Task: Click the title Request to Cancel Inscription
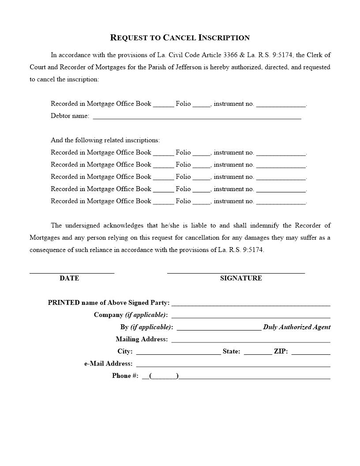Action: (180, 38)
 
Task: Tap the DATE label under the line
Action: (69, 278)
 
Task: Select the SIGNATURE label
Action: (241, 278)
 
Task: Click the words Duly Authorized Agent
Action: (296, 327)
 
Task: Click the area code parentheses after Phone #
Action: (164, 376)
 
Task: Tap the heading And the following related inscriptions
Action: (105, 140)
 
